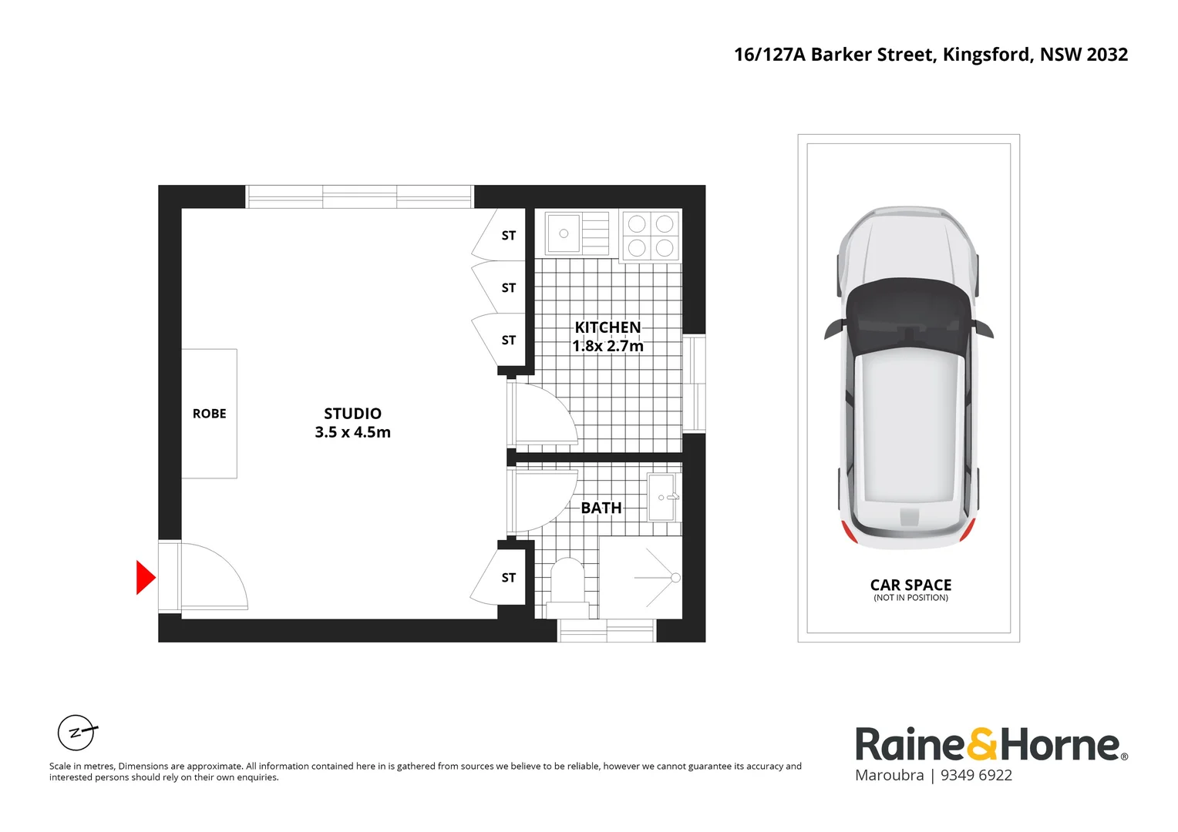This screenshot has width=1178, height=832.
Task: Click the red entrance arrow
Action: [145, 577]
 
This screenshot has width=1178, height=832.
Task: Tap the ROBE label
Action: [209, 414]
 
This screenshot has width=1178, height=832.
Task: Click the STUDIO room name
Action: [352, 414]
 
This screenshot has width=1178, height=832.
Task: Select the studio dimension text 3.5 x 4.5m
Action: [352, 432]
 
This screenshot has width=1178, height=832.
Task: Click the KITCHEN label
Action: [608, 327]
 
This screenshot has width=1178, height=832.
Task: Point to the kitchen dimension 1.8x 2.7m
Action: [608, 346]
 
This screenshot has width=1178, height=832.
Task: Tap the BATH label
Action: [601, 508]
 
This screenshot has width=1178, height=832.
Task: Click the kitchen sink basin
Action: [564, 233]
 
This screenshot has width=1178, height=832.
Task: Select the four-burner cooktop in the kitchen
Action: [651, 235]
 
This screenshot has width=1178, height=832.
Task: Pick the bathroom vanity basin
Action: [664, 498]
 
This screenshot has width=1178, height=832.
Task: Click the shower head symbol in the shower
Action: [675, 578]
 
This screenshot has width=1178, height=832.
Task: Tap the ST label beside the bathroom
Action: [509, 578]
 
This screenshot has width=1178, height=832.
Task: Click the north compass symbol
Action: [76, 733]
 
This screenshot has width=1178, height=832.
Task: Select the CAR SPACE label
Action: [910, 585]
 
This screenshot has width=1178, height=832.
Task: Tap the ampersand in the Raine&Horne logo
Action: [981, 744]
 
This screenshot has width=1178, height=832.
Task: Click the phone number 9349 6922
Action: [976, 776]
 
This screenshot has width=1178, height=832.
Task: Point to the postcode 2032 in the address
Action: [1107, 55]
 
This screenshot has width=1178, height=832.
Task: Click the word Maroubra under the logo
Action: [889, 776]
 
